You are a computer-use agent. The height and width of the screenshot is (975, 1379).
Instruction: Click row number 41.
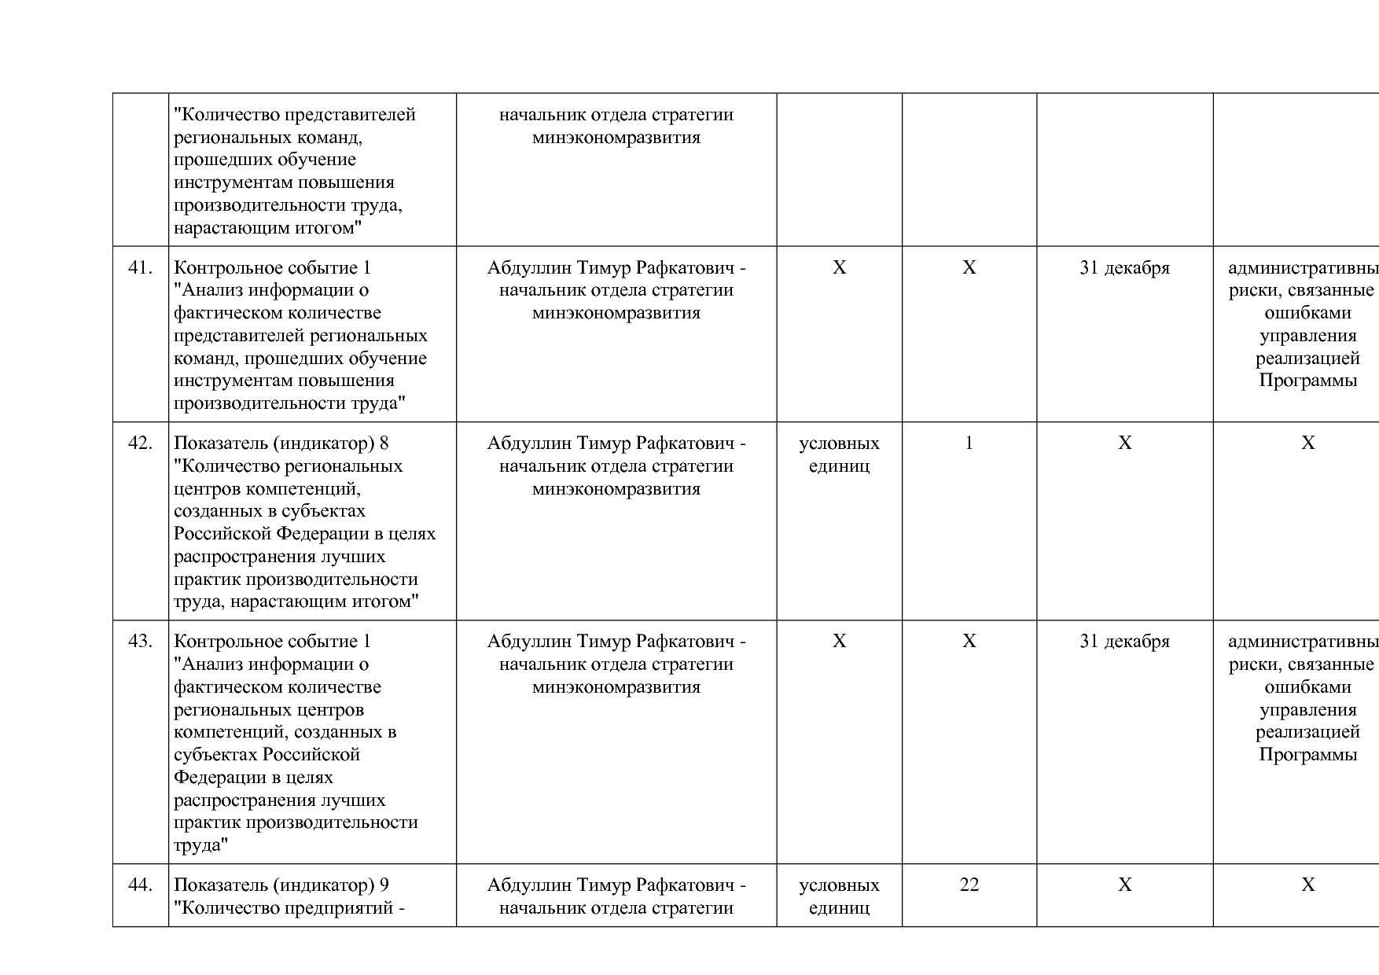[x=140, y=268]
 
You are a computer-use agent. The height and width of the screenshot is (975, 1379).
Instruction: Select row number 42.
[x=140, y=443]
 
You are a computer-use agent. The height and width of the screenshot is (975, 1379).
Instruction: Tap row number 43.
[x=140, y=642]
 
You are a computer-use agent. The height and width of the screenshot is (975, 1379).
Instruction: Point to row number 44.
[x=140, y=885]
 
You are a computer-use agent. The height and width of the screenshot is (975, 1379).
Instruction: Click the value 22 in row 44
[x=969, y=885]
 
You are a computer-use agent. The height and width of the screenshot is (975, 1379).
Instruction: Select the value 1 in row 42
[x=969, y=443]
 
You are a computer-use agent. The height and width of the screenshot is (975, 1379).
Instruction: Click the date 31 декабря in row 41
[x=1124, y=268]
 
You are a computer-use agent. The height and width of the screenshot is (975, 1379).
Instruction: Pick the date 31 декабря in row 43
[x=1124, y=642]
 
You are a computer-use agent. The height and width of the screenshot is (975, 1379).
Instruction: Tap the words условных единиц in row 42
[x=839, y=454]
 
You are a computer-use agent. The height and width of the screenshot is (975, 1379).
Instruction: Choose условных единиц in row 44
[x=839, y=896]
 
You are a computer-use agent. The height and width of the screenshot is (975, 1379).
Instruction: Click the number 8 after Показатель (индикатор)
[x=384, y=443]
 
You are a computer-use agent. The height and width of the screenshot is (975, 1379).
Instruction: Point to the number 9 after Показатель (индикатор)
[x=384, y=885]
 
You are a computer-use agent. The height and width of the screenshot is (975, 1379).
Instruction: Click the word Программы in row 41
[x=1307, y=381]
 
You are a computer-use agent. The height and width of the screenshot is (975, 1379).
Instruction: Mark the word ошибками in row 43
[x=1307, y=687]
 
